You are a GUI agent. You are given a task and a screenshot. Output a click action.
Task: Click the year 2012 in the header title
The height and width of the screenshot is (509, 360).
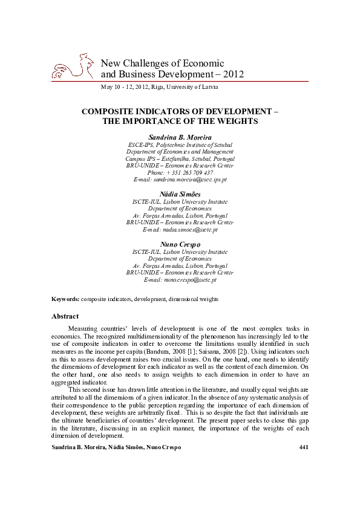click(x=234, y=74)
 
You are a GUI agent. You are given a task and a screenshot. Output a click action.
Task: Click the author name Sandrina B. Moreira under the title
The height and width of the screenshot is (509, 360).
click(x=180, y=137)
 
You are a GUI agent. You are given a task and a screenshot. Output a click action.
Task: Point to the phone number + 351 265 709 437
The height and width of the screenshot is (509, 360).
click(x=180, y=172)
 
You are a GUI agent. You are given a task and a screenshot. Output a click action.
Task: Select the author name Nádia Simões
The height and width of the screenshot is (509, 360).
click(x=180, y=193)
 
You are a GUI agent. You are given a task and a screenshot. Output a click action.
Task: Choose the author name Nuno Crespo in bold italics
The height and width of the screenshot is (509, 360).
click(x=180, y=244)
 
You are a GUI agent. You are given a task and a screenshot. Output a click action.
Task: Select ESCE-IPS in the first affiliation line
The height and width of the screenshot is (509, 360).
click(x=141, y=145)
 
